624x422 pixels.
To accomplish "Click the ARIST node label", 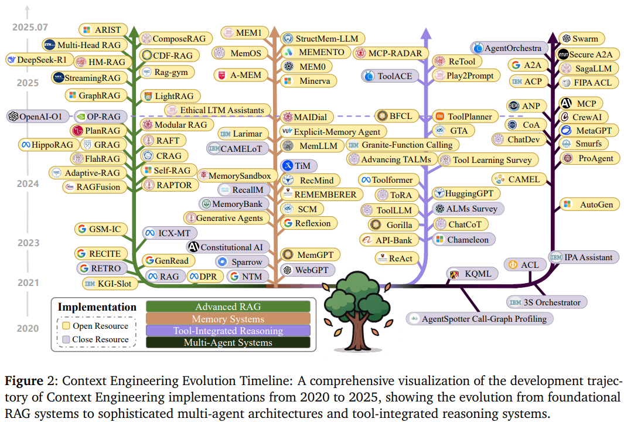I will [104, 29].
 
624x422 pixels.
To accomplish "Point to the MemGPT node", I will [308, 254].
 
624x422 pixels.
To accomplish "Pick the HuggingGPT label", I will [466, 193].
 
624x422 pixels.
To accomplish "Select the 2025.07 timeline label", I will [28, 27].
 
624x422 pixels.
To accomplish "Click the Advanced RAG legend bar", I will [228, 307].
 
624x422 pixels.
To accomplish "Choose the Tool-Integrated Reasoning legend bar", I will [228, 331].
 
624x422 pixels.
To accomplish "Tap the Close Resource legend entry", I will [96, 339].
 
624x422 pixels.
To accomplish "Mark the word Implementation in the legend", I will [97, 307].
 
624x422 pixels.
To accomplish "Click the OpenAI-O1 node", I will [37, 117].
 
